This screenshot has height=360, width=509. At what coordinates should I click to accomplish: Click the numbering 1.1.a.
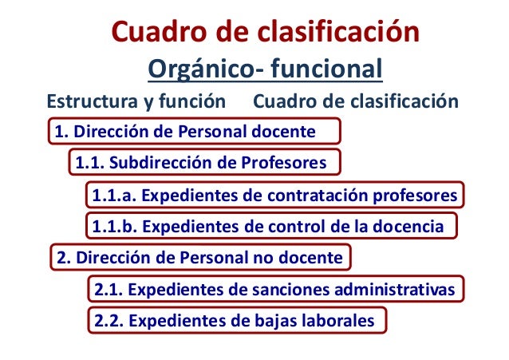point(113,196)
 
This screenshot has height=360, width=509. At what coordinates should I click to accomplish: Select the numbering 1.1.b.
point(114,227)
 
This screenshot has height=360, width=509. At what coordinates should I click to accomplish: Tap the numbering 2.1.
point(108,289)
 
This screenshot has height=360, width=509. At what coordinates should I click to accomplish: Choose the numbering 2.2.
point(108,321)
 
